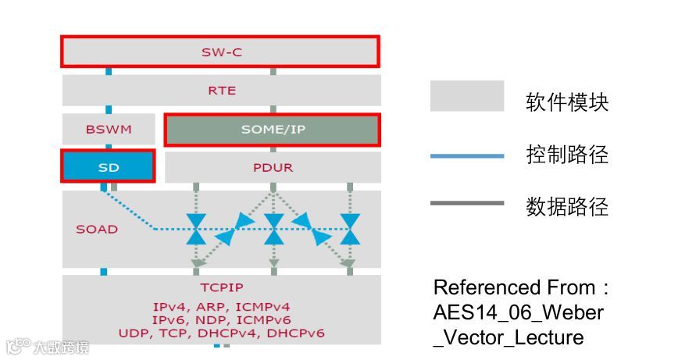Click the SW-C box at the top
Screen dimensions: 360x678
click(220, 52)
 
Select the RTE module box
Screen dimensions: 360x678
click(221, 91)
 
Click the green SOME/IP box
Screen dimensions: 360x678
click(273, 130)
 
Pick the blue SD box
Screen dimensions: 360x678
click(108, 167)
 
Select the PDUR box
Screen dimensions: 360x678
click(273, 168)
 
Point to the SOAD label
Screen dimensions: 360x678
click(97, 230)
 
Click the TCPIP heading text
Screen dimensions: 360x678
click(222, 287)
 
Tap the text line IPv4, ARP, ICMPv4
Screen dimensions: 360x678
click(222, 307)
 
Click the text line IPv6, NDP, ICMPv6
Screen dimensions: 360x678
click(222, 320)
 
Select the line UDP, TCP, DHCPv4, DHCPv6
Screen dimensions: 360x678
click(222, 333)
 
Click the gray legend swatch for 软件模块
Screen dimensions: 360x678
click(467, 97)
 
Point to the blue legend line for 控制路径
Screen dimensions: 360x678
click(467, 156)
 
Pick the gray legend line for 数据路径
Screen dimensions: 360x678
click(467, 204)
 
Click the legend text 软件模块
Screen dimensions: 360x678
click(566, 102)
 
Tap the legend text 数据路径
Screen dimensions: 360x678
click(566, 207)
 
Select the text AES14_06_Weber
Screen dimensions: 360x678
click(519, 312)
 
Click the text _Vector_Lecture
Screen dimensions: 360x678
click(508, 337)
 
